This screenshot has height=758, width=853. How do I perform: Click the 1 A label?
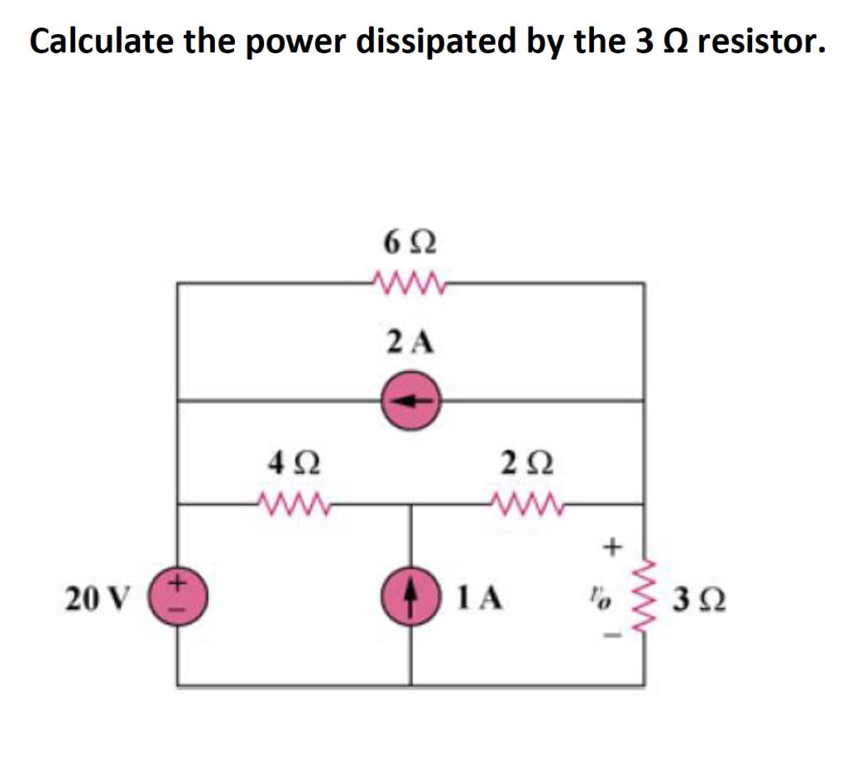(x=478, y=597)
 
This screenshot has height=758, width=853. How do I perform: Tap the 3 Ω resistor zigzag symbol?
(x=643, y=597)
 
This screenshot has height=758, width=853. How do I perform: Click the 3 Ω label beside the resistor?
(x=698, y=597)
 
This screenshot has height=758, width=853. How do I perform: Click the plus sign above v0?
(x=613, y=547)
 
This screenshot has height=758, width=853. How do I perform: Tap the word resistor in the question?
(x=761, y=41)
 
